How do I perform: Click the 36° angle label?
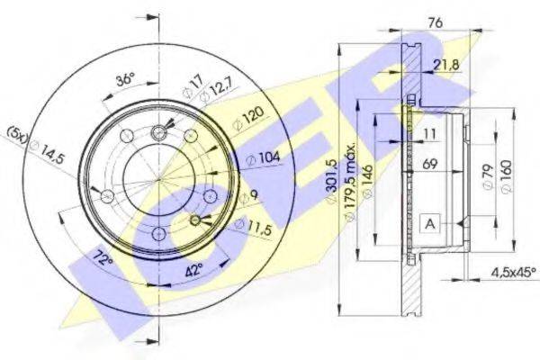[x=125, y=80]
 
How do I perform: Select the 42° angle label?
[x=195, y=270]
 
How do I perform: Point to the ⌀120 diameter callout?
[x=248, y=118]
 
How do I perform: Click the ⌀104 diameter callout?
[x=263, y=158]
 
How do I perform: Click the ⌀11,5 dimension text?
[x=253, y=227]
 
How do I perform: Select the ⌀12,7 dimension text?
[x=218, y=90]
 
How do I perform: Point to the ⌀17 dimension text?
[x=193, y=86]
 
